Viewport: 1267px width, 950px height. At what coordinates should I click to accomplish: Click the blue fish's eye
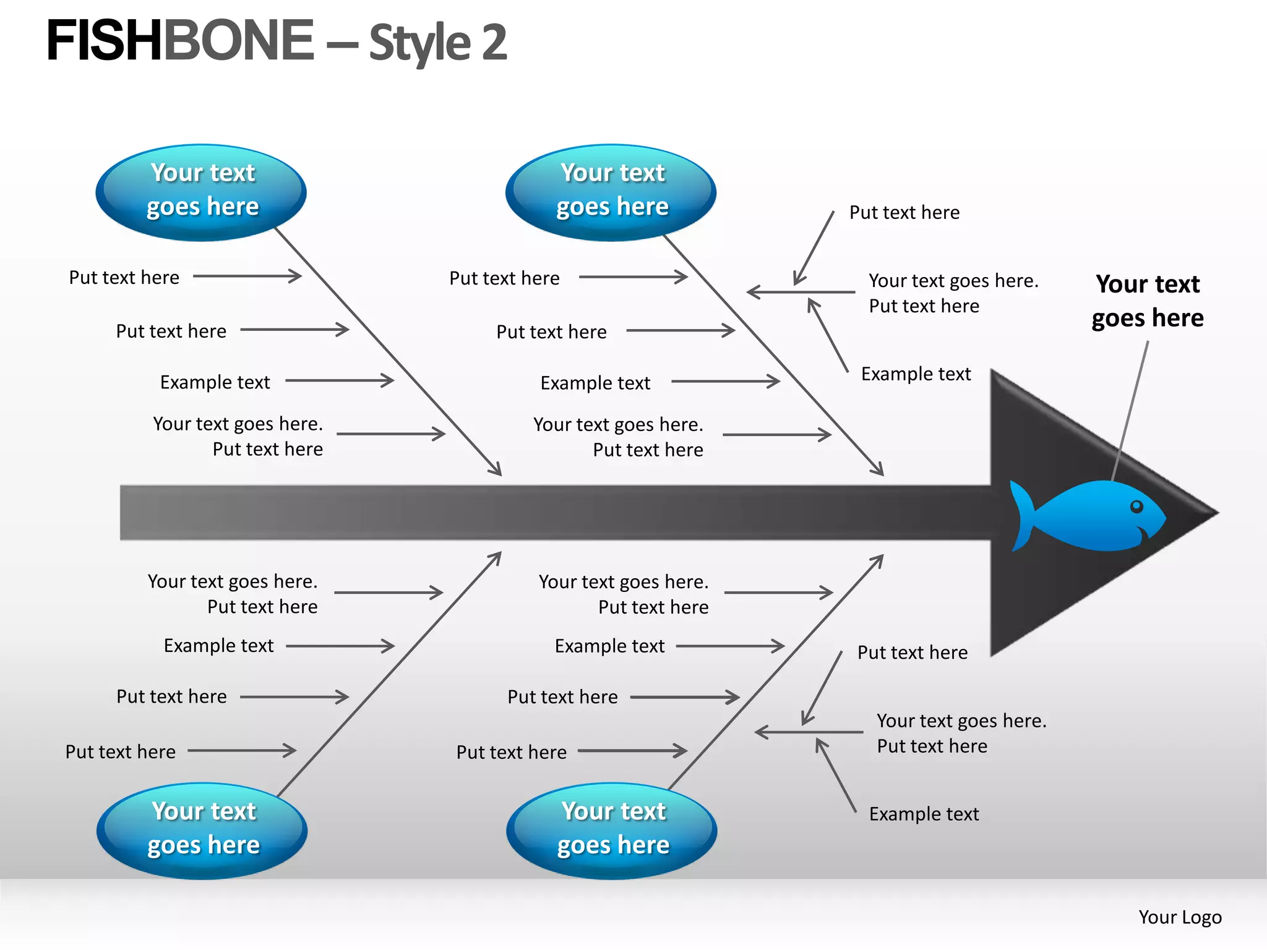tap(1136, 507)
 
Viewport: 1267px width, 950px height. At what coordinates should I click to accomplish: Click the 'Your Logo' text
tap(1180, 917)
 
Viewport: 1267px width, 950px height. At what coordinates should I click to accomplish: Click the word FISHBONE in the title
tap(179, 41)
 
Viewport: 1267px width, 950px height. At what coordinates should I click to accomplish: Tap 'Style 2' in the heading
tap(438, 43)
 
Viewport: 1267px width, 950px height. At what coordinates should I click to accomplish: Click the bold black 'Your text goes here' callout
tap(1148, 301)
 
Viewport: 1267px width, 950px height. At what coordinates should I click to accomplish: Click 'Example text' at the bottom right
tap(924, 814)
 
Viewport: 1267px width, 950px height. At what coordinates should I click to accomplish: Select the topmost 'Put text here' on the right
tap(904, 213)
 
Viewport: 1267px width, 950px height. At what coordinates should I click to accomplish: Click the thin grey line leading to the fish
tap(1130, 408)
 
